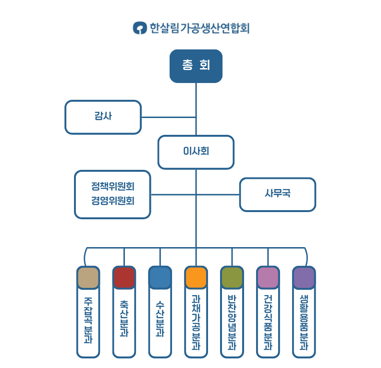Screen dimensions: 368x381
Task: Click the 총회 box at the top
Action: click(x=196, y=66)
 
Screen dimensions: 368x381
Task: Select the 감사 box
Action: click(x=103, y=117)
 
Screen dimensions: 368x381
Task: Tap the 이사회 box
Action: click(x=196, y=152)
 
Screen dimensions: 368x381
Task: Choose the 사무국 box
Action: click(x=278, y=194)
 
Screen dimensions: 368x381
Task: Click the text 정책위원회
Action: click(x=113, y=186)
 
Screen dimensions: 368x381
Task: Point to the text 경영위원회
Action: click(x=113, y=201)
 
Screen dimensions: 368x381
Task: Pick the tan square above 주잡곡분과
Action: click(x=88, y=278)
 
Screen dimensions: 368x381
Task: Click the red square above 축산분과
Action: click(x=124, y=278)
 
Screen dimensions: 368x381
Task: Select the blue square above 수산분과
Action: click(x=160, y=278)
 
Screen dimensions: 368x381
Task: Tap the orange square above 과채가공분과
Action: click(x=196, y=278)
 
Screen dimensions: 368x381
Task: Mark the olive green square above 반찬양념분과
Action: click(x=232, y=278)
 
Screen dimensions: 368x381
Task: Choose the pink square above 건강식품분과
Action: click(x=268, y=278)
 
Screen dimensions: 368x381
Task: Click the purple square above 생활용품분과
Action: click(x=304, y=278)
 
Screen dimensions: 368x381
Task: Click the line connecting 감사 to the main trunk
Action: click(x=168, y=117)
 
